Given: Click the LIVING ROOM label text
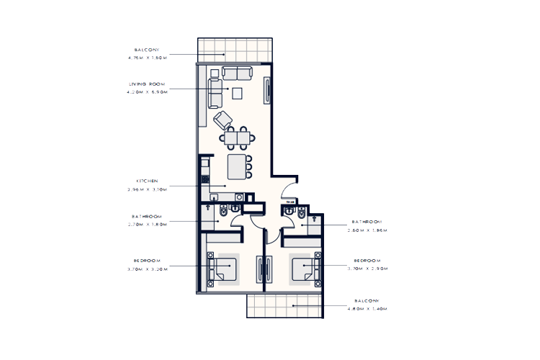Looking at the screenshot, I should coord(147,84).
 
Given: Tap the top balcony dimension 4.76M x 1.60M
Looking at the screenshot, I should coord(147,57).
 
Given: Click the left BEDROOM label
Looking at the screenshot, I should coord(146,260).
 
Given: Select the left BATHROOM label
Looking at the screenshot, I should coord(146,216).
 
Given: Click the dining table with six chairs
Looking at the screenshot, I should coord(236,138).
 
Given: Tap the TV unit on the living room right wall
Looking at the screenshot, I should coord(268,91).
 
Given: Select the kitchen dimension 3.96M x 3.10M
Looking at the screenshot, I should coord(147,189).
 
